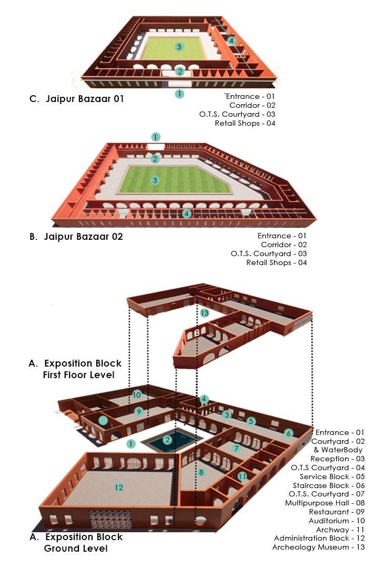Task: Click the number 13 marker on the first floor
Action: (x=205, y=313)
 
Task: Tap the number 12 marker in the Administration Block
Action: (x=119, y=488)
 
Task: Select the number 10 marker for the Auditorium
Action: (x=137, y=394)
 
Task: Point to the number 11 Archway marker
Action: (x=242, y=476)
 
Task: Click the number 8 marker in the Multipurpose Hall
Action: (x=201, y=472)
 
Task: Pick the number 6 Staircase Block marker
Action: (x=288, y=433)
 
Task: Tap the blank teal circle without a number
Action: (x=103, y=420)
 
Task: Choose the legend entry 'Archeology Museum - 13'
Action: (x=310, y=547)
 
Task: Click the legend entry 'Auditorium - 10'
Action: (x=330, y=521)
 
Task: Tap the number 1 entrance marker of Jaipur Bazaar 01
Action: (x=180, y=94)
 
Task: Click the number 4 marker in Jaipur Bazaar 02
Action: (x=186, y=214)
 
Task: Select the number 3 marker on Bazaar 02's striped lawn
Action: (x=155, y=180)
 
